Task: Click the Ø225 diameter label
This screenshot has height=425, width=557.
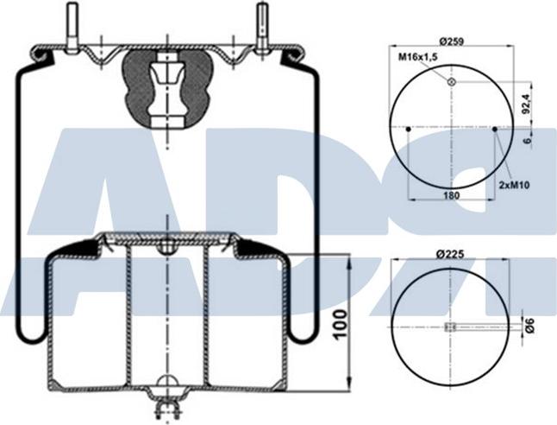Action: [451, 254]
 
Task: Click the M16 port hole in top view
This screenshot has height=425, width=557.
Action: [451, 82]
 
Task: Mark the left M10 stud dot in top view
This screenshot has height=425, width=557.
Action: [408, 130]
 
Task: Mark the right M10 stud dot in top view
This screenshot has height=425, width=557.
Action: [495, 130]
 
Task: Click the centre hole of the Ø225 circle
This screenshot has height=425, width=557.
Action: [449, 327]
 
